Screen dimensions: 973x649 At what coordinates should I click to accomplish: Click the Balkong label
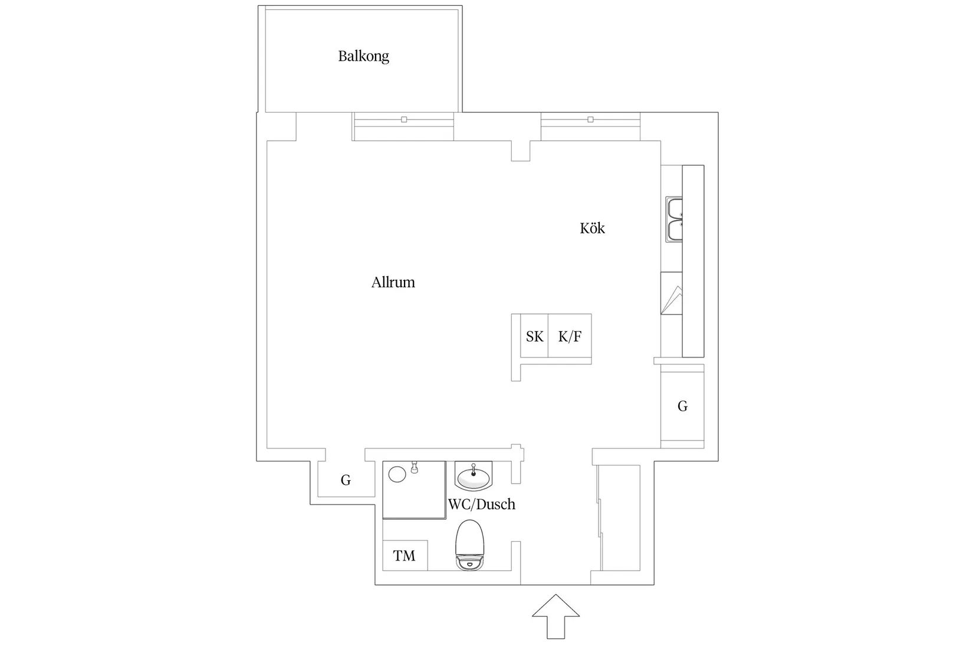pyautogui.click(x=364, y=57)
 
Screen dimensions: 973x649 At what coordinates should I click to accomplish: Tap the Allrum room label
pyautogui.click(x=393, y=283)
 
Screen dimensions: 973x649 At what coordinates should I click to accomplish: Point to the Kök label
pyautogui.click(x=592, y=228)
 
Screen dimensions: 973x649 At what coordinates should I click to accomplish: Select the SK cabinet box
pyautogui.click(x=534, y=336)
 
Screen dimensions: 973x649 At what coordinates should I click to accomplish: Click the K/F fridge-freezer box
pyautogui.click(x=570, y=336)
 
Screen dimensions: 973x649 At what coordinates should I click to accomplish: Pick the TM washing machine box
pyautogui.click(x=405, y=556)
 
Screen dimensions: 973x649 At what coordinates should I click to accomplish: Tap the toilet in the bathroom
pyautogui.click(x=469, y=545)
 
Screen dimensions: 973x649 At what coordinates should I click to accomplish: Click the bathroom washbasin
pyautogui.click(x=474, y=476)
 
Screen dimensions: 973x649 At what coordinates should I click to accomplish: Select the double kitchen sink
pyautogui.click(x=674, y=219)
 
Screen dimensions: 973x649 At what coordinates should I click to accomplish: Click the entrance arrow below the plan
pyautogui.click(x=555, y=617)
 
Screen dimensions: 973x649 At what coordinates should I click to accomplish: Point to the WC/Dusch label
pyautogui.click(x=482, y=504)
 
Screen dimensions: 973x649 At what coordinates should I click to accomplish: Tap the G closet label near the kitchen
pyautogui.click(x=682, y=406)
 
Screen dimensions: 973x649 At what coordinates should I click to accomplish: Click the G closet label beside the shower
pyautogui.click(x=346, y=480)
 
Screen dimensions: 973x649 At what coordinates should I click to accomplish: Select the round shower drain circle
pyautogui.click(x=397, y=474)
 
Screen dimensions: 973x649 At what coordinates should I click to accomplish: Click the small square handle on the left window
pyautogui.click(x=404, y=120)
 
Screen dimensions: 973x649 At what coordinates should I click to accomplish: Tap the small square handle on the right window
pyautogui.click(x=590, y=120)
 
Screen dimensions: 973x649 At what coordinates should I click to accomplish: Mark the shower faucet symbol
pyautogui.click(x=415, y=467)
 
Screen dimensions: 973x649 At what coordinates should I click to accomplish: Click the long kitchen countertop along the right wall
pyautogui.click(x=693, y=261)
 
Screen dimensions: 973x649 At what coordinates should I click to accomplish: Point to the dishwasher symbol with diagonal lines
pyautogui.click(x=672, y=293)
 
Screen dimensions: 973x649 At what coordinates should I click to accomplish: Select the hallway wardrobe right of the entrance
pyautogui.click(x=619, y=517)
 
